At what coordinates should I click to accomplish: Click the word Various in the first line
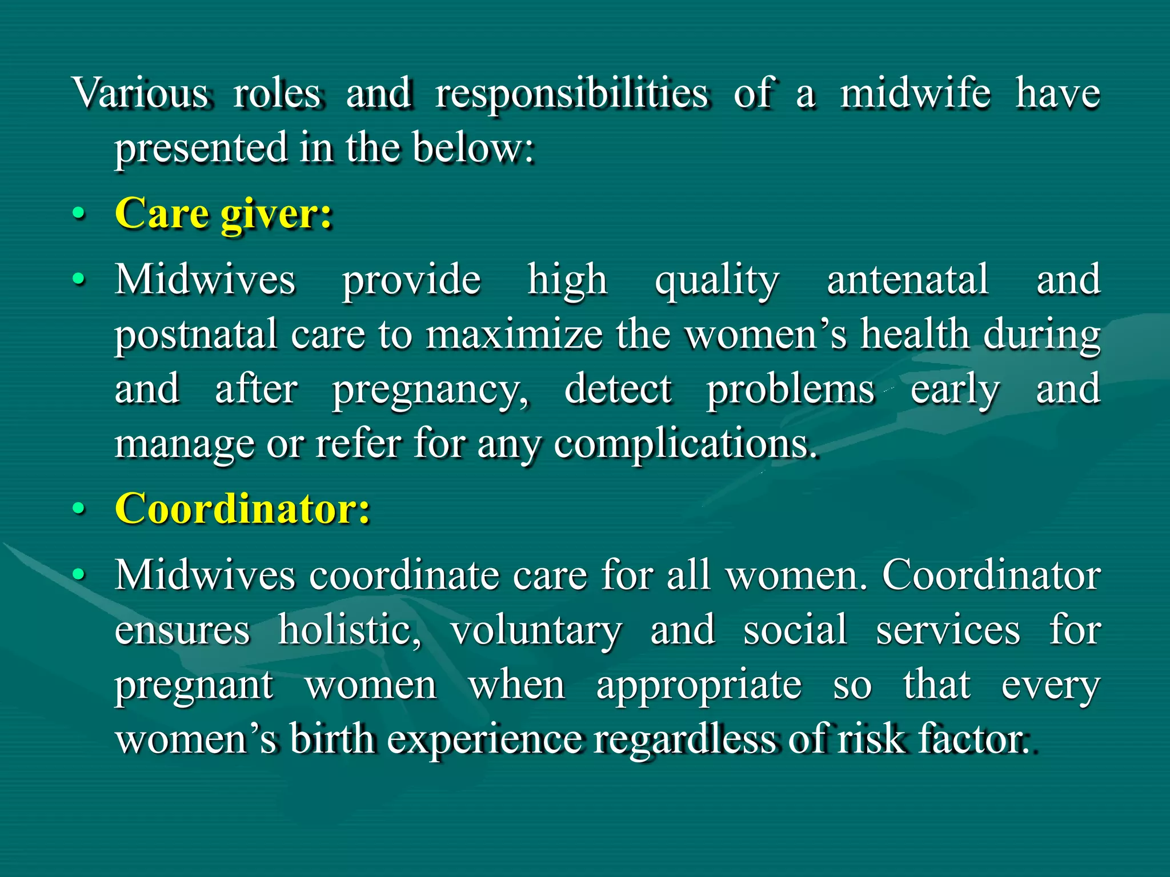141,93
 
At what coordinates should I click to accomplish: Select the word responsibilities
572,94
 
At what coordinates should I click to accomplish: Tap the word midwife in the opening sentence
915,93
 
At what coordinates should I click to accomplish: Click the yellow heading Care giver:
223,214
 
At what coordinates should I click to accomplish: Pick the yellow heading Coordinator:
243,508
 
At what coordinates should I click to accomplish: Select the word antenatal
908,280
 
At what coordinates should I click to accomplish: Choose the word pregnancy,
431,391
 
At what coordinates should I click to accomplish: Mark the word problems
791,389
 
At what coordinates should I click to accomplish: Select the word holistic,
350,630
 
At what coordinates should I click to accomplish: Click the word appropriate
699,686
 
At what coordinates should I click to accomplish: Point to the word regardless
684,741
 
